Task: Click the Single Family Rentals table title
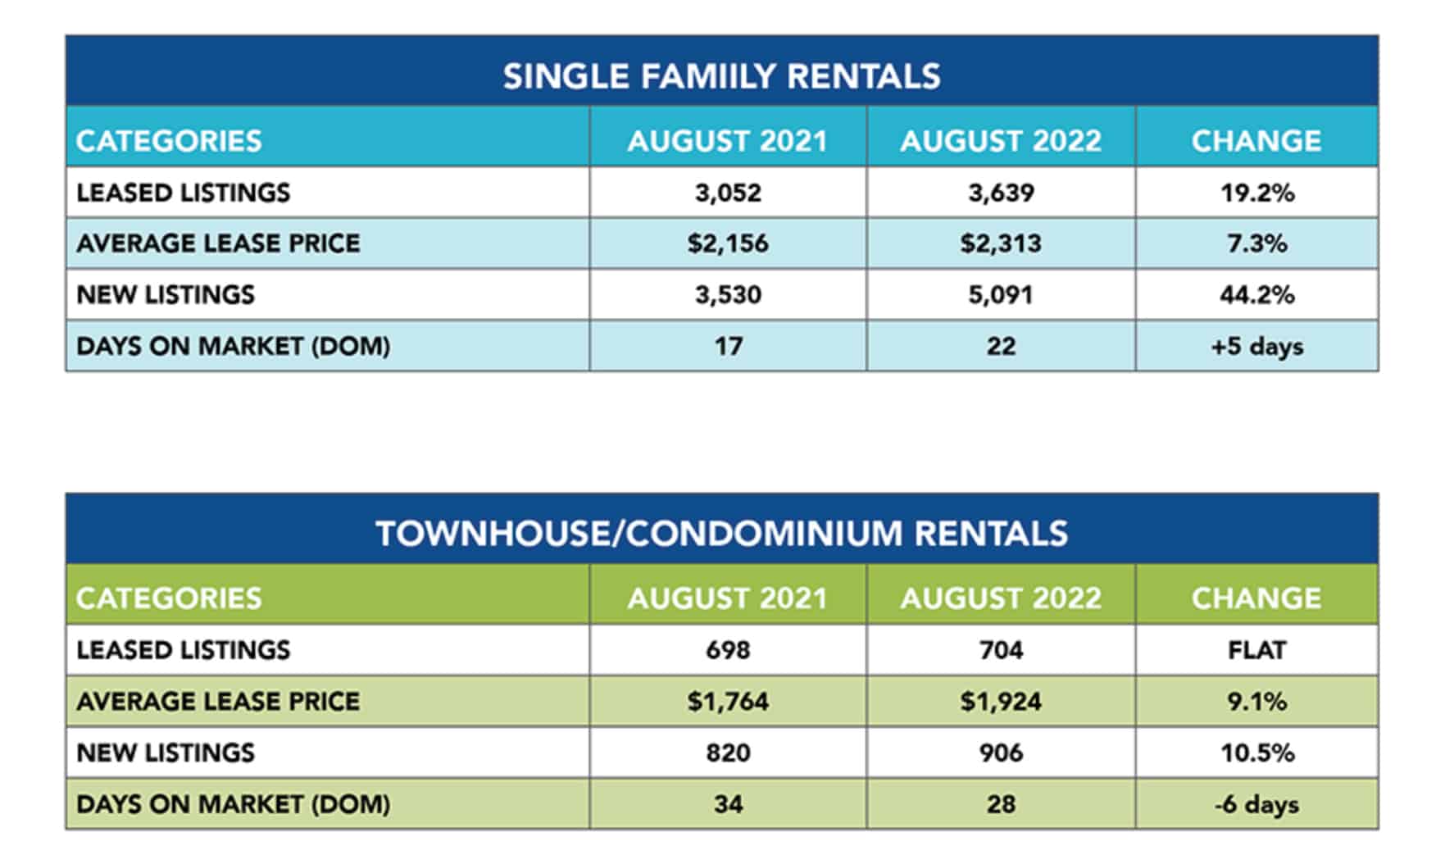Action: pyautogui.click(x=721, y=76)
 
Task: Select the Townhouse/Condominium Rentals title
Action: pyautogui.click(x=721, y=534)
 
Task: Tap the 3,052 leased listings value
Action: pyautogui.click(x=728, y=193)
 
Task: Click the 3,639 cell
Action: pyautogui.click(x=1001, y=193)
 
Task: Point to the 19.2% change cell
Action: pyautogui.click(x=1256, y=193)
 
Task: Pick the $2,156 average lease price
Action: pyautogui.click(x=728, y=243)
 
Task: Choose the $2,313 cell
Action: pyautogui.click(x=1001, y=243)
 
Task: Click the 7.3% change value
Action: pyautogui.click(x=1256, y=243)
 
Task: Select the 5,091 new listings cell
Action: pyautogui.click(x=1001, y=294)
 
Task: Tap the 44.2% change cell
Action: pyautogui.click(x=1256, y=294)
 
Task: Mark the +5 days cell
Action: pyautogui.click(x=1256, y=346)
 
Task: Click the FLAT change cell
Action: pyautogui.click(x=1256, y=650)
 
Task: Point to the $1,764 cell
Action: pyautogui.click(x=728, y=702)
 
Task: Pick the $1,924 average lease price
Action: pyautogui.click(x=1001, y=702)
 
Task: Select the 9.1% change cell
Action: pyautogui.click(x=1256, y=702)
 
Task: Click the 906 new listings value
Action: pyautogui.click(x=1001, y=753)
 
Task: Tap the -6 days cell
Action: pyautogui.click(x=1256, y=804)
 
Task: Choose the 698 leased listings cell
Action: pyautogui.click(x=728, y=650)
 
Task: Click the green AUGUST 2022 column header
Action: pyautogui.click(x=1001, y=598)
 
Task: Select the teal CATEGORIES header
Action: pyautogui.click(x=169, y=141)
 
